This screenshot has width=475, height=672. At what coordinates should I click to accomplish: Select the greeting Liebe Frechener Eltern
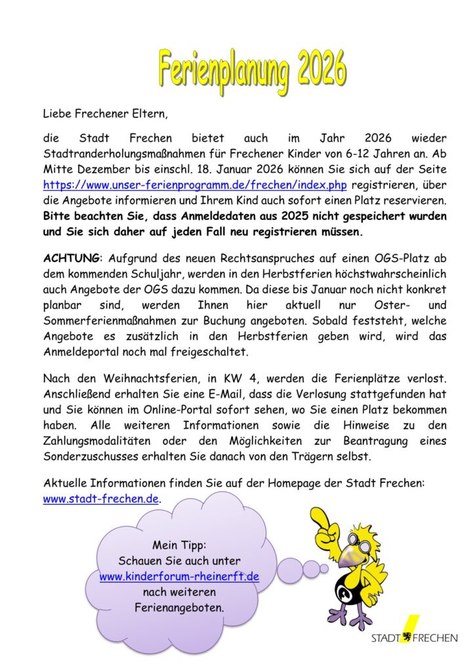pos(105,114)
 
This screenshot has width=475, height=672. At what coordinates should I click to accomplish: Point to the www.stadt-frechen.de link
pos(101,498)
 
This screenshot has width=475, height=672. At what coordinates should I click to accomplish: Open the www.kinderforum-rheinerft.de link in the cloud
pos(179,577)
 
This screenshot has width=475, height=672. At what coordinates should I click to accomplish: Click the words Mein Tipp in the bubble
pos(179,545)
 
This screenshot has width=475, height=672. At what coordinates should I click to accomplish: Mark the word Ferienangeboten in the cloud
pos(179,608)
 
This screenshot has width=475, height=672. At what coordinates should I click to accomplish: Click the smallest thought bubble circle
pos(323,568)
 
